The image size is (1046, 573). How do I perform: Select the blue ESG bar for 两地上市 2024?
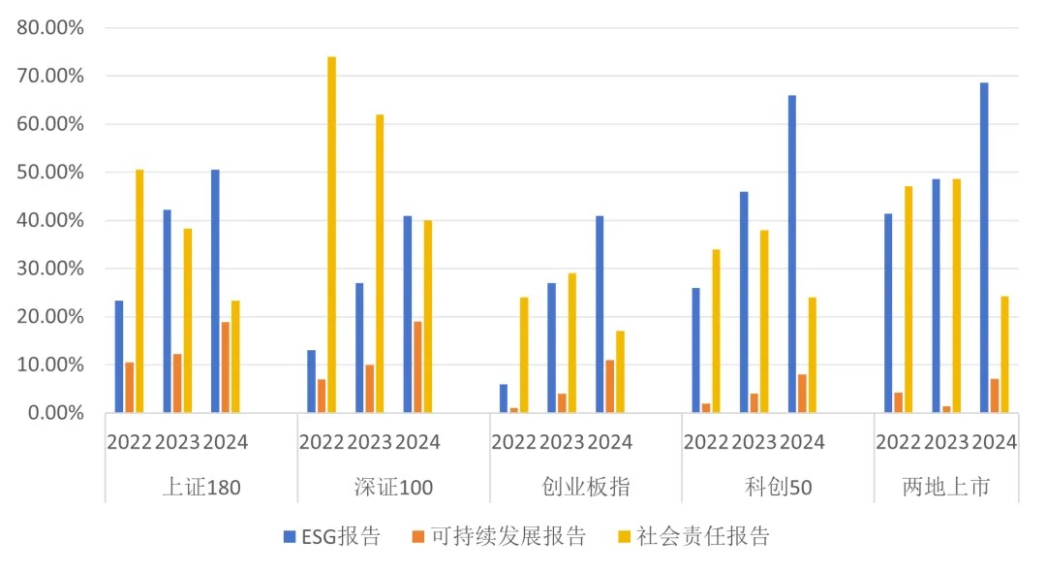click(x=984, y=248)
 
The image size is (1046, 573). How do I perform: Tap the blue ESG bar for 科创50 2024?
click(x=792, y=254)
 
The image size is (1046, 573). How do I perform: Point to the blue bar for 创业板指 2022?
click(x=504, y=398)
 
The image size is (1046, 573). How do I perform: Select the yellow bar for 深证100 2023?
click(x=380, y=264)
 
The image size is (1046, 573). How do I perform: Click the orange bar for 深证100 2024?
click(x=417, y=367)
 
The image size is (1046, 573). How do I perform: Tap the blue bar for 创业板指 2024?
click(x=600, y=314)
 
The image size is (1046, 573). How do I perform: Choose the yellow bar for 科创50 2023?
click(x=764, y=321)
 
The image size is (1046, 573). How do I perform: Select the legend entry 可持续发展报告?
click(x=498, y=536)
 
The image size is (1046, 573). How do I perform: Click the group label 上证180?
click(x=200, y=487)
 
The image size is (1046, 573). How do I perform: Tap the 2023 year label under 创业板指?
click(x=562, y=442)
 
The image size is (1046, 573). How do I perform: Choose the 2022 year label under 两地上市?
click(x=899, y=442)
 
